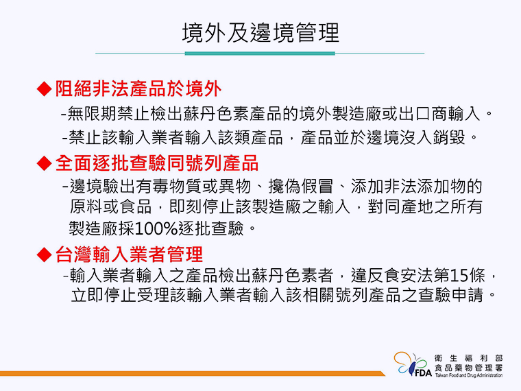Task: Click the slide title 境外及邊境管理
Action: (x=260, y=33)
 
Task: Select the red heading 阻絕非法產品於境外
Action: (x=138, y=88)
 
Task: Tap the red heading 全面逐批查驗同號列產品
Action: (x=157, y=163)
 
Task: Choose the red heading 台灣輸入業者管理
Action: (x=129, y=254)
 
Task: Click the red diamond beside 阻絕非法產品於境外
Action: (x=44, y=89)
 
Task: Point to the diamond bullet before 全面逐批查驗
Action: (x=44, y=163)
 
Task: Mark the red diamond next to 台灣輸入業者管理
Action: (x=44, y=254)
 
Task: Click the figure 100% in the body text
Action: (x=156, y=228)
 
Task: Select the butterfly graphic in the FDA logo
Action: (x=410, y=364)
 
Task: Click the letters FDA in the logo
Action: (x=423, y=372)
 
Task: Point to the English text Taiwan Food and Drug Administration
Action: (x=468, y=375)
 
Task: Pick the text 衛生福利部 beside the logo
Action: (x=468, y=358)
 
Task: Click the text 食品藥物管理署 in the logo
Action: (x=468, y=368)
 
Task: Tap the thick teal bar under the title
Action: (x=260, y=54)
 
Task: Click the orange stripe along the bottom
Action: (x=192, y=373)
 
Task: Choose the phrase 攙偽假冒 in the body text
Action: (x=300, y=186)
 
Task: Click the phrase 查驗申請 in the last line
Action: (x=450, y=295)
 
